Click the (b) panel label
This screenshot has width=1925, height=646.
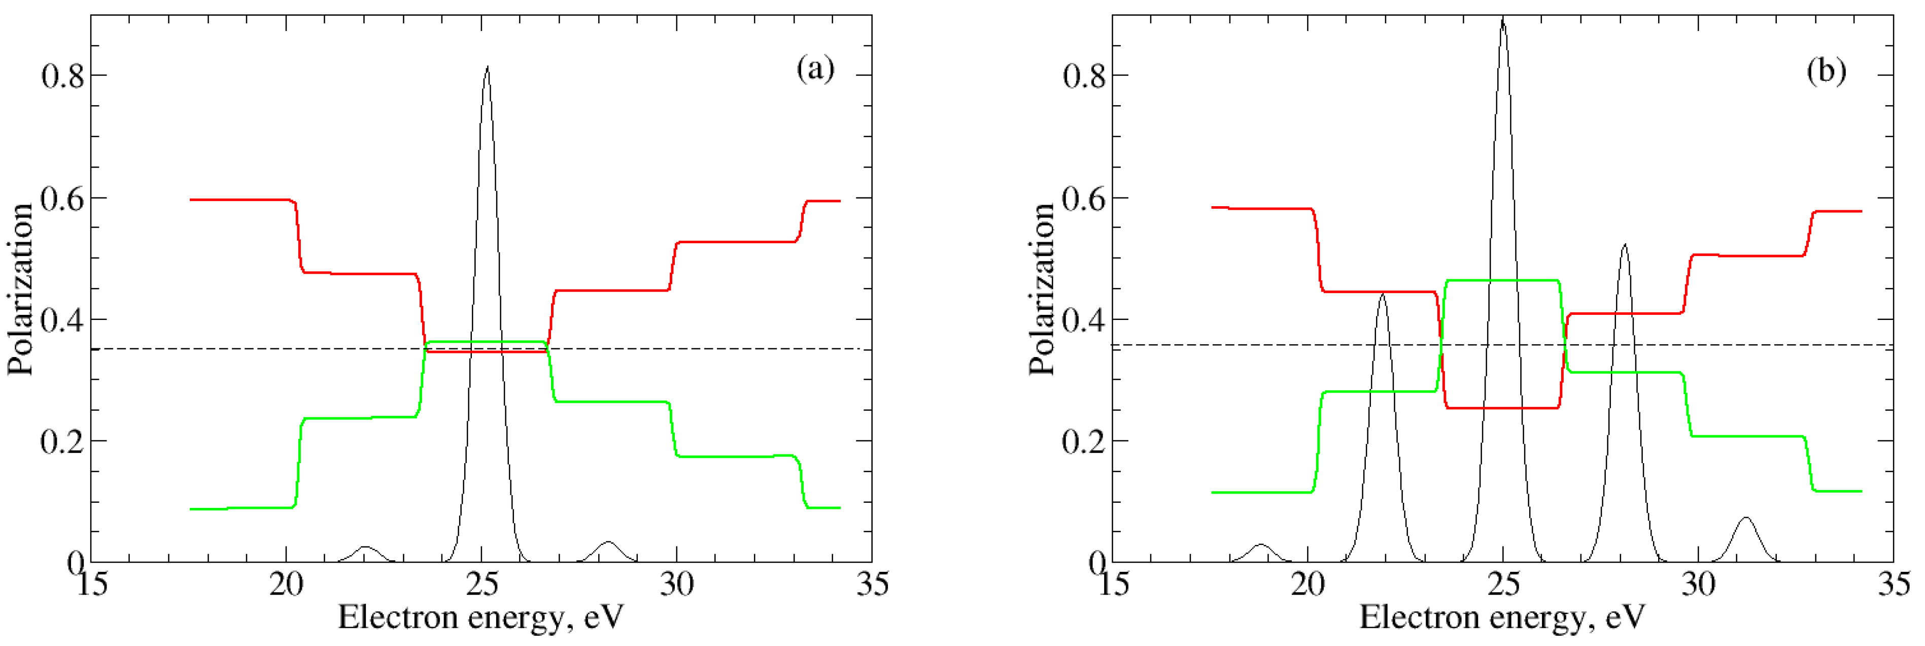coord(1826,71)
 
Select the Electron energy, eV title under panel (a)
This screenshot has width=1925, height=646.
coord(480,618)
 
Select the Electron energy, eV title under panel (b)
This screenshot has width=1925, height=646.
coord(1502,618)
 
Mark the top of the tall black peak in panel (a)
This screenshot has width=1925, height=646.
coord(487,67)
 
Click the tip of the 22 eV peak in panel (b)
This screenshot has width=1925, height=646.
coord(1383,294)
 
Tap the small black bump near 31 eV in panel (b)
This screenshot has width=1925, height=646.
coord(1746,518)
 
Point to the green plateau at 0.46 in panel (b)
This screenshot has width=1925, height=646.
coord(1502,280)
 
